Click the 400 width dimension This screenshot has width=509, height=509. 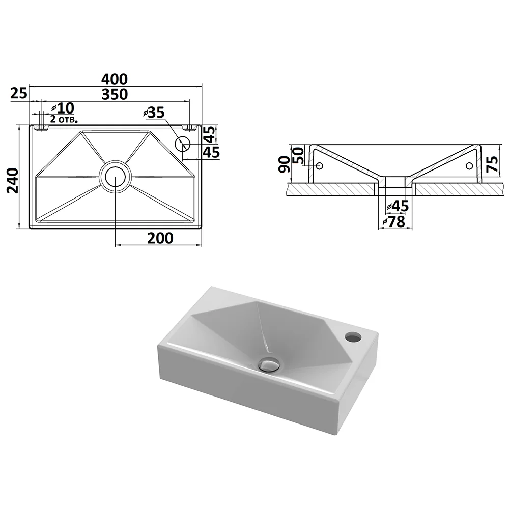pyautogui.click(x=115, y=79)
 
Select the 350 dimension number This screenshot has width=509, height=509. pyautogui.click(x=115, y=94)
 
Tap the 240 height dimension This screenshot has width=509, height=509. pyautogui.click(x=13, y=181)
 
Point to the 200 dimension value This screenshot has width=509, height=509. pyautogui.click(x=160, y=238)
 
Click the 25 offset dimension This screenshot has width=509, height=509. pyautogui.click(x=19, y=93)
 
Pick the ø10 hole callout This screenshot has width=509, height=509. pyautogui.click(x=63, y=108)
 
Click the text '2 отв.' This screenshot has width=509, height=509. pyautogui.click(x=64, y=119)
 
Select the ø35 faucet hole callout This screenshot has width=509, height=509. pyautogui.click(x=154, y=112)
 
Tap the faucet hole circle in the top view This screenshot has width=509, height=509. pyautogui.click(x=182, y=143)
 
